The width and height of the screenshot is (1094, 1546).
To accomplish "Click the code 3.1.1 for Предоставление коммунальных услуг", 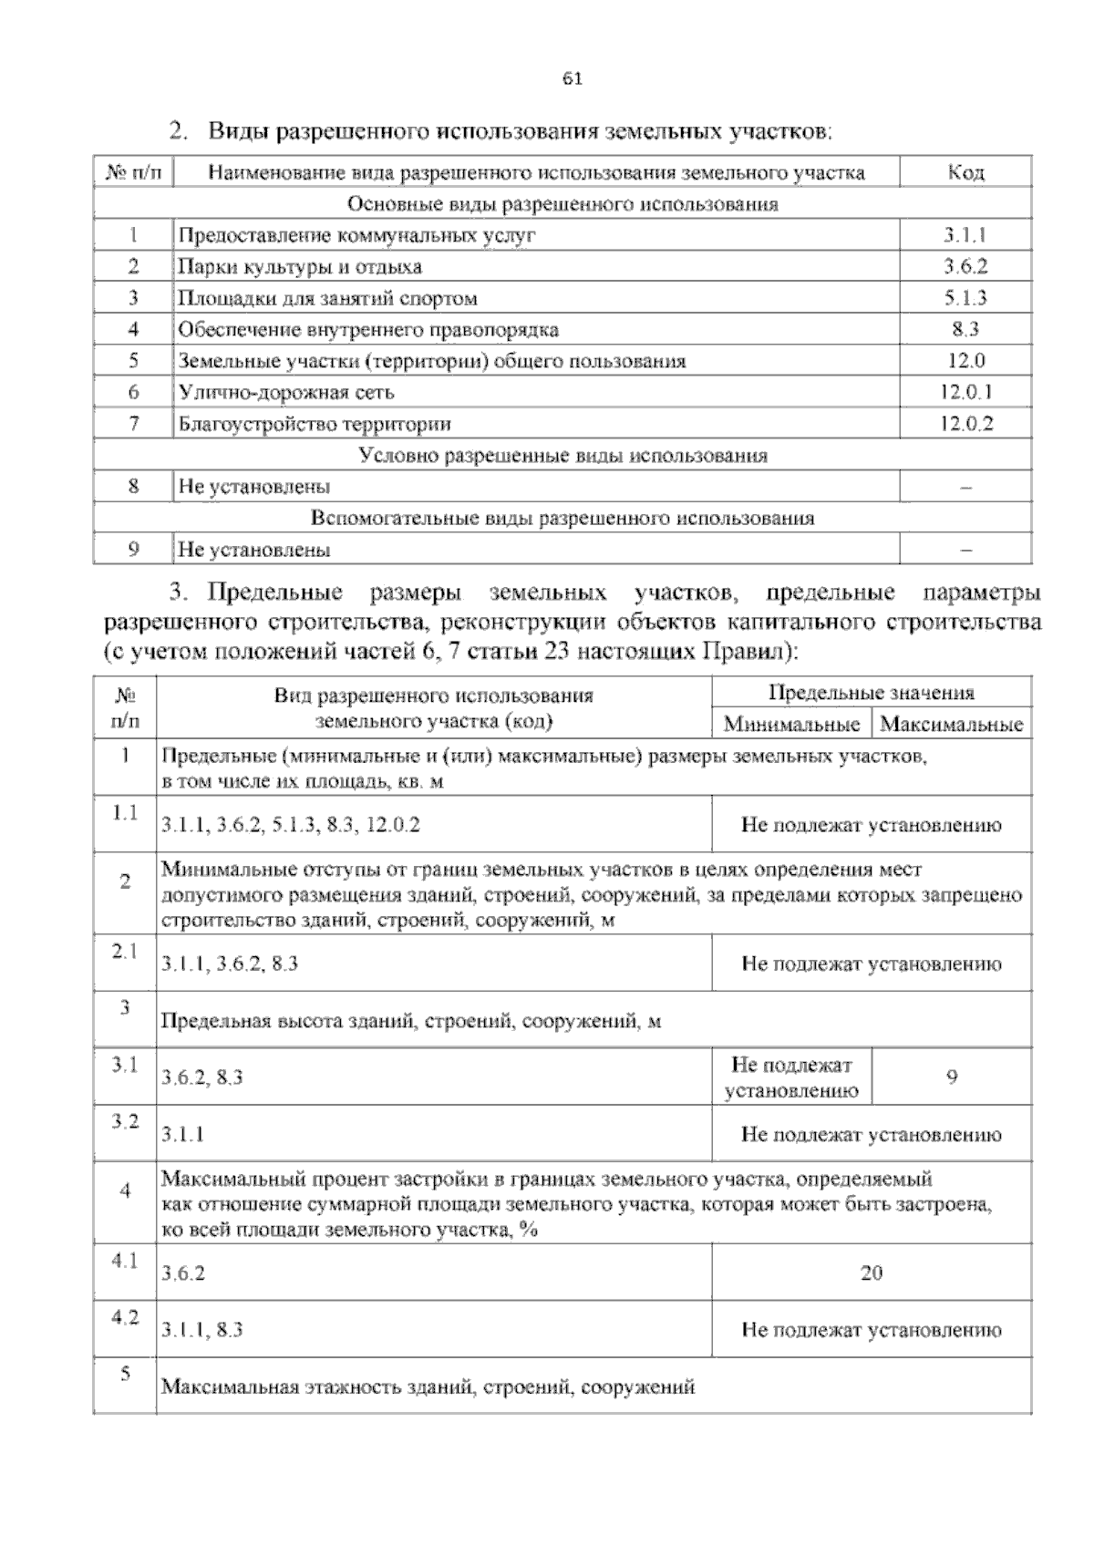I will tap(965, 235).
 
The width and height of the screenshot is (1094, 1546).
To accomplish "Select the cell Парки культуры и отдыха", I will tap(300, 267).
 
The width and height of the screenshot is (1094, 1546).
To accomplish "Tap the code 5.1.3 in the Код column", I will tap(965, 298).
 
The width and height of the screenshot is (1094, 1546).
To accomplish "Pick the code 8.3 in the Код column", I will tap(965, 329).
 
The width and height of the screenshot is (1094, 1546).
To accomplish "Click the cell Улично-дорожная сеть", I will tap(286, 392).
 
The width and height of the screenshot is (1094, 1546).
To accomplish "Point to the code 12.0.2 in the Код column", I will tap(965, 423).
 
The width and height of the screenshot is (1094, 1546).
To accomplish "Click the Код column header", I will tap(965, 172).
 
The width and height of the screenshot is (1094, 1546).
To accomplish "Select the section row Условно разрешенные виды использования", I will tap(562, 455).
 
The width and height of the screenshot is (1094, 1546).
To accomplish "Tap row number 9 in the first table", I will tap(133, 549).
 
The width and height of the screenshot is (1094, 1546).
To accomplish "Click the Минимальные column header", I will tap(791, 725).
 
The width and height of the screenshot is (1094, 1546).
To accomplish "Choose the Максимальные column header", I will tap(952, 725).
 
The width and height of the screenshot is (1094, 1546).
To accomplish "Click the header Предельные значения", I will tap(871, 693).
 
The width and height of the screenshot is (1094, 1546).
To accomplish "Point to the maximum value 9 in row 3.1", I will tap(952, 1077).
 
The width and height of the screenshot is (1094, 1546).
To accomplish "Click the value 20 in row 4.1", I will tap(871, 1273).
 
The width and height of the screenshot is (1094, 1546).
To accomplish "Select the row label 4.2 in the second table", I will tap(125, 1318).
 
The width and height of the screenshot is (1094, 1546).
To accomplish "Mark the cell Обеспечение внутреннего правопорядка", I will tap(368, 329).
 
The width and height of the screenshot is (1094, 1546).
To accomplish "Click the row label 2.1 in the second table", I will tap(125, 951).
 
